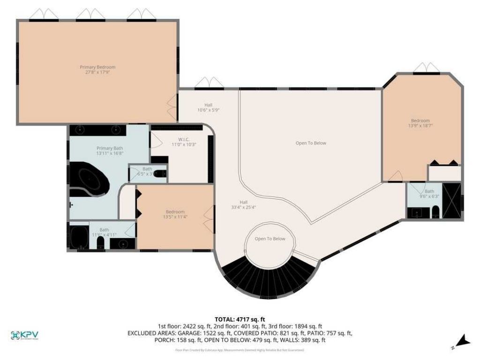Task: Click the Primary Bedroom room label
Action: [x=97, y=70]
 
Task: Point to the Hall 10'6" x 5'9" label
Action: [x=209, y=107]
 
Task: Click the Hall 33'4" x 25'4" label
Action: [x=243, y=204]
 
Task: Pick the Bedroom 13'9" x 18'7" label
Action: [x=420, y=123]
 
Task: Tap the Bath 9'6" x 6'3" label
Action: [x=429, y=194]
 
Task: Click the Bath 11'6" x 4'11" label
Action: [x=103, y=232]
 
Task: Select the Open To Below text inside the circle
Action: [x=270, y=239]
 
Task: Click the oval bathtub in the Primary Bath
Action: [x=89, y=180]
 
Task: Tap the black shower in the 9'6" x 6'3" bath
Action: [x=451, y=201]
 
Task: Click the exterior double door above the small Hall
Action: [x=209, y=83]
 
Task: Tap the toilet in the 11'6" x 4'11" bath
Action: [x=100, y=243]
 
